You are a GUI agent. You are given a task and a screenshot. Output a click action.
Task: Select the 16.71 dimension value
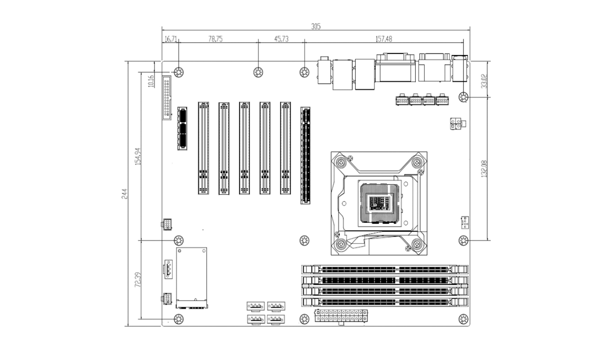(x=171, y=39)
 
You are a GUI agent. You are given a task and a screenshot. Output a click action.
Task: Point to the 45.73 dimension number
(x=281, y=39)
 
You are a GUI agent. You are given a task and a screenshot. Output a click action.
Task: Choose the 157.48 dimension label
(x=383, y=39)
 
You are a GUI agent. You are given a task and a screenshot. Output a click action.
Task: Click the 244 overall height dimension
(x=126, y=193)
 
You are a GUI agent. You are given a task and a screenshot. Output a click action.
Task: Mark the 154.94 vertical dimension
(x=139, y=156)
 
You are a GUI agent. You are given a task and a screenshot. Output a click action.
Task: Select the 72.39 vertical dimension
(x=139, y=279)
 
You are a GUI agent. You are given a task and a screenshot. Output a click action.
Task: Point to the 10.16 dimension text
(x=151, y=82)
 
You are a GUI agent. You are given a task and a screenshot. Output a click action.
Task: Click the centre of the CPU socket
(x=379, y=202)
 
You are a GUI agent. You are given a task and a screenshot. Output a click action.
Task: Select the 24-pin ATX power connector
(x=342, y=315)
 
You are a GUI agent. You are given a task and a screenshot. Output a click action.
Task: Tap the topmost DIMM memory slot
(x=385, y=269)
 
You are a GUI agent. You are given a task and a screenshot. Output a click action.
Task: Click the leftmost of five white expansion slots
(x=203, y=148)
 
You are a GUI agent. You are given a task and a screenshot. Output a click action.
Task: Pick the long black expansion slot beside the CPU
(x=306, y=155)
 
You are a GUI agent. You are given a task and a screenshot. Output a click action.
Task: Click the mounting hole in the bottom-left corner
(x=178, y=319)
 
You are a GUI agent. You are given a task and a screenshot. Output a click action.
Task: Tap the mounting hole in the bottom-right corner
(x=463, y=319)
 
